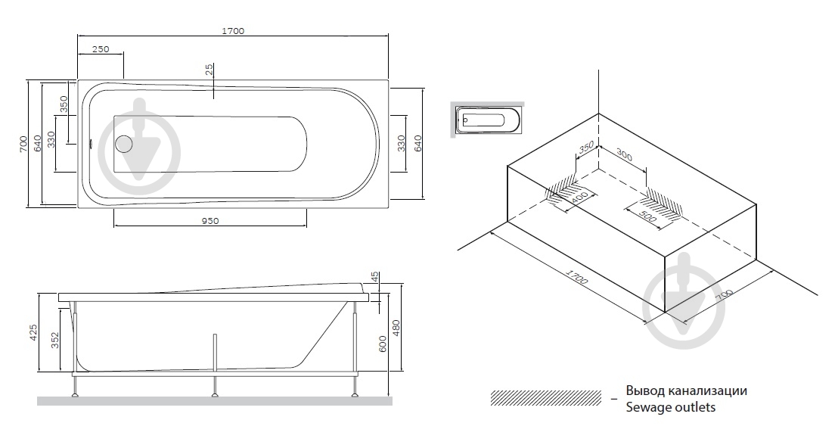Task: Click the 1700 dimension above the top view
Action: (233, 31)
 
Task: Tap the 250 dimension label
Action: (101, 49)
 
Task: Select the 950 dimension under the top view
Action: (210, 221)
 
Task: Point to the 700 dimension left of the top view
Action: (23, 144)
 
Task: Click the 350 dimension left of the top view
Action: (64, 104)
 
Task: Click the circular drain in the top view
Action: (124, 144)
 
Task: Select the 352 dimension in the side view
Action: (55, 341)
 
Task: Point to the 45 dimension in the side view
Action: (374, 278)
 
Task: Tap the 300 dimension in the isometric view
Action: (624, 155)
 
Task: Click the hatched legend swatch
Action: (545, 398)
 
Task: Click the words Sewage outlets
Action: (671, 407)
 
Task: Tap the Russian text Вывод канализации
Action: (687, 390)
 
